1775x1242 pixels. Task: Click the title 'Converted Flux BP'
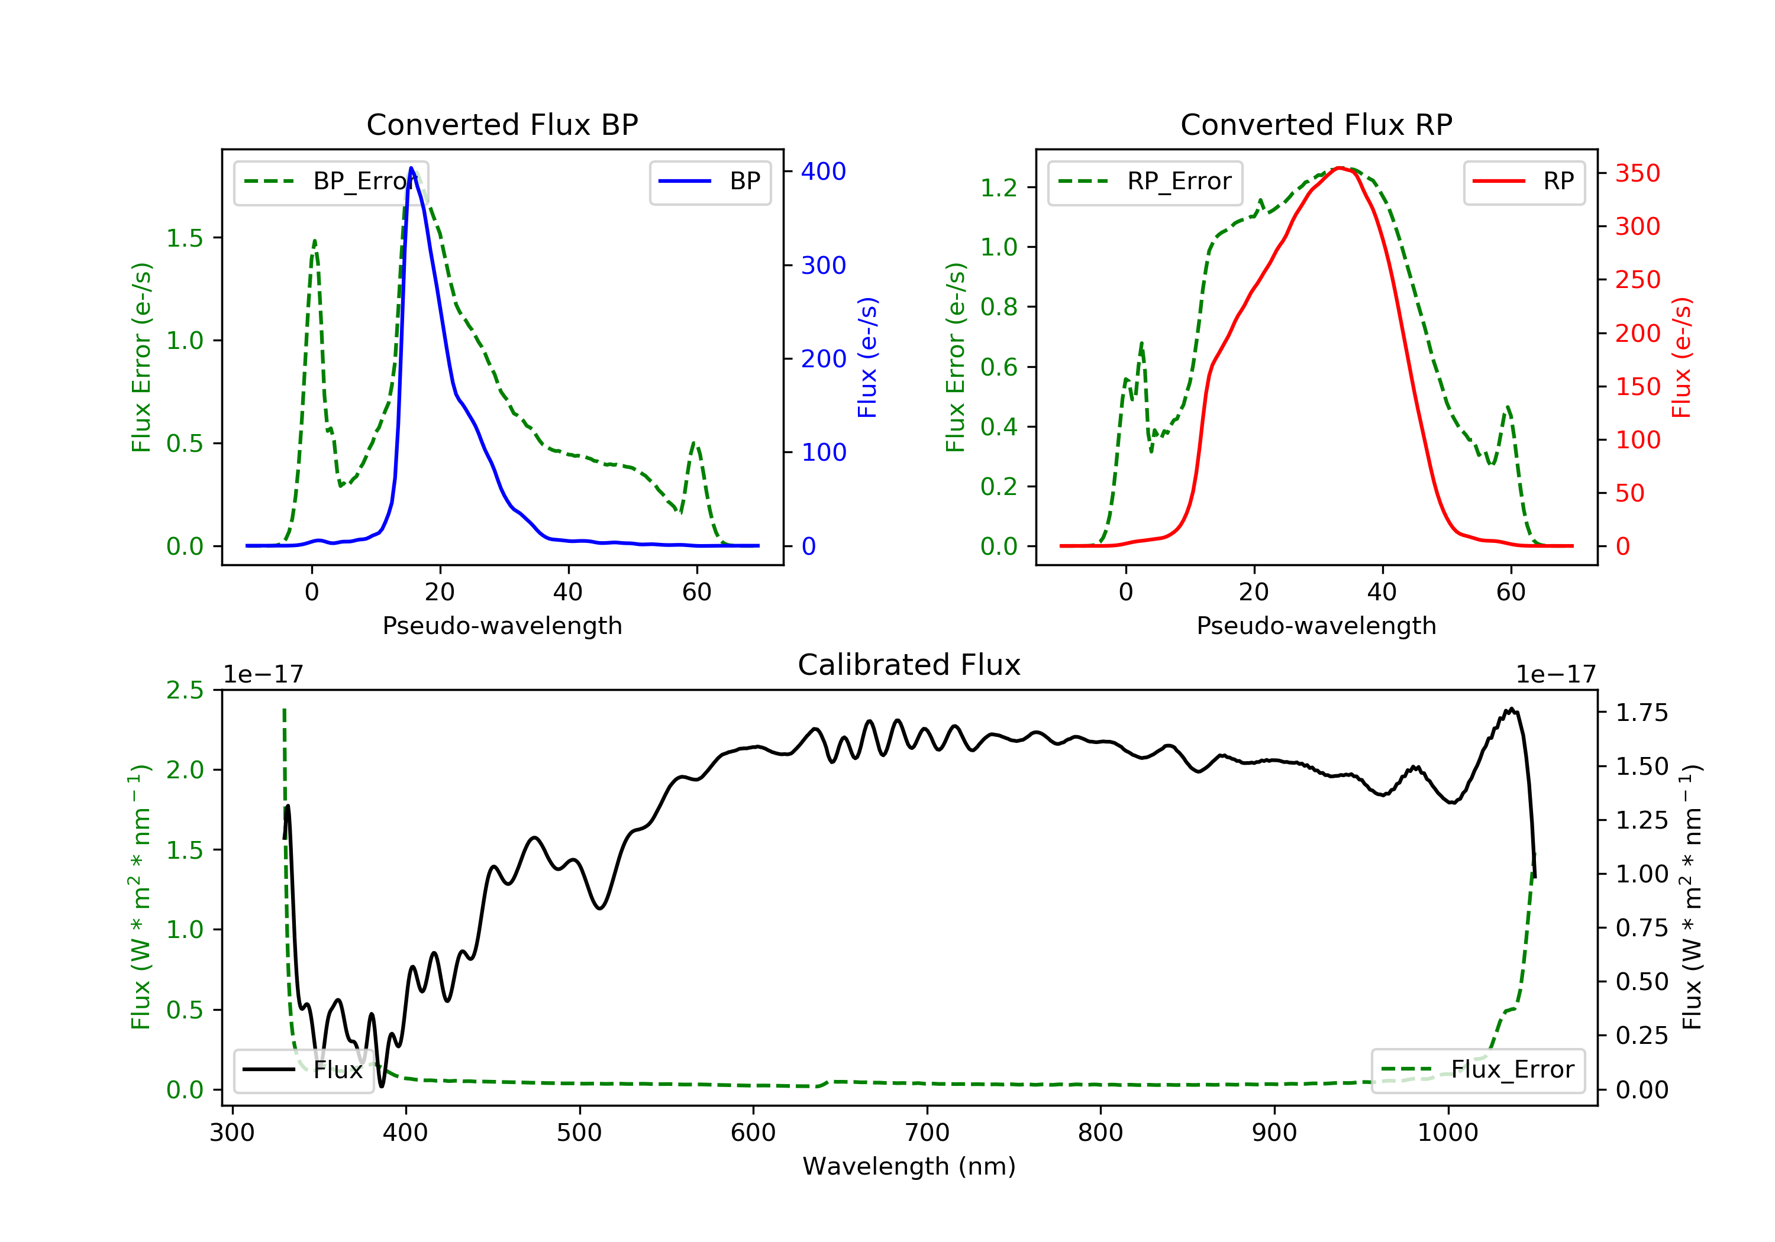coord(502,124)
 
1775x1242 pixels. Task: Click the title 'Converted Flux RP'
coord(1316,124)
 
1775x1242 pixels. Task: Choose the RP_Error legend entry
coord(1145,182)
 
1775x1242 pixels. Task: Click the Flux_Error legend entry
coord(1477,1070)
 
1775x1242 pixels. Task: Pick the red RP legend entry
coord(1524,182)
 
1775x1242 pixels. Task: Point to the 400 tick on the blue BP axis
coord(822,172)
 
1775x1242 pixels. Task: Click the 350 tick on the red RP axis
coord(1637,173)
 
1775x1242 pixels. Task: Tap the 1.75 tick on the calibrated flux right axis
coord(1641,713)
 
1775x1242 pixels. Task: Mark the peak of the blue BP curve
coord(411,168)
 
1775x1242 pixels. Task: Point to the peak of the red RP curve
coord(1340,168)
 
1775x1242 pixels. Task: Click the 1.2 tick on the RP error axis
coord(998,188)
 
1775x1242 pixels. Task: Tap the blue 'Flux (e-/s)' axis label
coord(867,358)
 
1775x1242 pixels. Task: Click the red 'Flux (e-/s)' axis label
coord(1682,358)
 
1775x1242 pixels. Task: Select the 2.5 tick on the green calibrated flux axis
coord(185,690)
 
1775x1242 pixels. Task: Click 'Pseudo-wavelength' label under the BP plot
coord(502,626)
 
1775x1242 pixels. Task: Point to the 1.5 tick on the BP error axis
coord(185,238)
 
